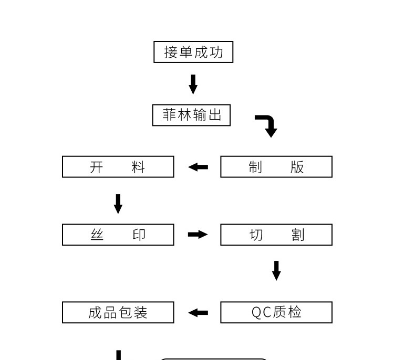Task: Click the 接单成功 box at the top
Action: tap(193, 52)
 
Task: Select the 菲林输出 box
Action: tap(191, 115)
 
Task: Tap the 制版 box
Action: tap(276, 167)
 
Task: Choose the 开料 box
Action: tap(118, 167)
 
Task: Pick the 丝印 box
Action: tap(118, 235)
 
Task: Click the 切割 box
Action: tap(276, 235)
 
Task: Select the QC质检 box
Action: tap(276, 312)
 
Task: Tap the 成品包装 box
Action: tap(118, 312)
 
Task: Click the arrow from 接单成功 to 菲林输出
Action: tap(193, 84)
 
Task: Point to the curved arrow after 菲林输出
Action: tap(268, 125)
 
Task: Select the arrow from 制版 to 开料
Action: tap(198, 167)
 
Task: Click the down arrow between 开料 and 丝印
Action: tap(118, 204)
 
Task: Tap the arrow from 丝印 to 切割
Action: tap(198, 235)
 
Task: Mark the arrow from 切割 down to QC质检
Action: tap(276, 270)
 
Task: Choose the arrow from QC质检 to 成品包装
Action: tap(198, 313)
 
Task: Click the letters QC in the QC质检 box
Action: tap(261, 312)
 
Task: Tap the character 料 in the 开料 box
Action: tap(138, 167)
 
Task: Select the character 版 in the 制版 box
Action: tap(297, 167)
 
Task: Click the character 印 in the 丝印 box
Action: tap(139, 235)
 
